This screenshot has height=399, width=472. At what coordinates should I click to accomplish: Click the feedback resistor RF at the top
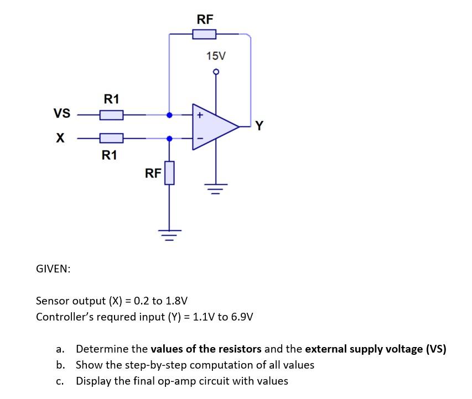tap(204, 34)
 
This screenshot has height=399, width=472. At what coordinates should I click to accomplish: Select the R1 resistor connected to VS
tap(111, 115)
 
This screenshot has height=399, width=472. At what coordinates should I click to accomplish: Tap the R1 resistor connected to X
tap(111, 138)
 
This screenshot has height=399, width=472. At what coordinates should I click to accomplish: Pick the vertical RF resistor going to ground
tap(169, 173)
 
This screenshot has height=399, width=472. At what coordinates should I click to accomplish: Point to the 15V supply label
tap(216, 56)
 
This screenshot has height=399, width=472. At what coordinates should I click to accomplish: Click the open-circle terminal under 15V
tap(216, 72)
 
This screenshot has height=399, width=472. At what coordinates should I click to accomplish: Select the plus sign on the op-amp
tap(200, 115)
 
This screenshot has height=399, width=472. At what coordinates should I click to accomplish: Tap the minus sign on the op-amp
tap(200, 139)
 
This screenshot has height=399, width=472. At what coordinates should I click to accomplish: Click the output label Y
tap(259, 125)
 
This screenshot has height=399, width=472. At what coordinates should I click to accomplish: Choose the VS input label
tap(62, 113)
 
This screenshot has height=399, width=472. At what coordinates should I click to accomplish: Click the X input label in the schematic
tap(60, 138)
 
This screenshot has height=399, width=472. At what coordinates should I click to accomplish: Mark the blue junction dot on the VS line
tap(169, 115)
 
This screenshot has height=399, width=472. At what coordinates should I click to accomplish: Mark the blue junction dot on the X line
tap(169, 139)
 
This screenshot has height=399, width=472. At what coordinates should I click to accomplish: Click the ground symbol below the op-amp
tap(216, 189)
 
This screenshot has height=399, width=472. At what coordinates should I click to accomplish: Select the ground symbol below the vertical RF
tap(169, 235)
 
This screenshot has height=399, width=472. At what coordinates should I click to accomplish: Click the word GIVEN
tap(53, 269)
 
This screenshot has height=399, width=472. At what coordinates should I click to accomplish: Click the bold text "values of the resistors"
tap(206, 349)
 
